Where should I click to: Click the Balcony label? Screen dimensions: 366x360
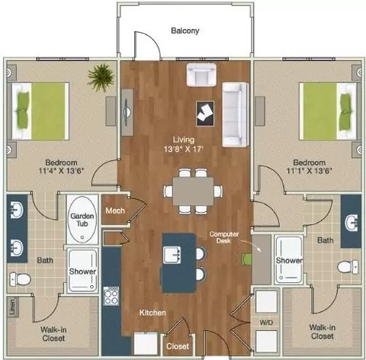(185, 31)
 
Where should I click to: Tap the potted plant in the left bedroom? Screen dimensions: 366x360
(101, 77)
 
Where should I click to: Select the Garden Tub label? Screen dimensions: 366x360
(82, 220)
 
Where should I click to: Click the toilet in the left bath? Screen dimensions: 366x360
(21, 279)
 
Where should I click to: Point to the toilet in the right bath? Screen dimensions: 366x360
(348, 267)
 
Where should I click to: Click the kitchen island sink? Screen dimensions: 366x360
(172, 255)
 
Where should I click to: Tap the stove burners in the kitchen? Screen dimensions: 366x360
(111, 296)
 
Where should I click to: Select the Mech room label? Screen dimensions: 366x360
(115, 211)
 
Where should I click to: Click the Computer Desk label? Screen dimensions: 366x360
(224, 237)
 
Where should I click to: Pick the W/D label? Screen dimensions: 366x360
(266, 323)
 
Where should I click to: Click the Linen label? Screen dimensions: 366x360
(12, 307)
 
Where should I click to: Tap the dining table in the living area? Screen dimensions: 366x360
(193, 191)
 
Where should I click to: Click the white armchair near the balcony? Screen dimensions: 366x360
(201, 75)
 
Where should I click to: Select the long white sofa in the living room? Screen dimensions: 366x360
(236, 114)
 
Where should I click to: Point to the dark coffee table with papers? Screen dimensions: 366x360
(205, 114)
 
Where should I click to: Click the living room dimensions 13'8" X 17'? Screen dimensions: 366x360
(184, 149)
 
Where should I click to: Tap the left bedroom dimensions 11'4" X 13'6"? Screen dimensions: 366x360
(61, 171)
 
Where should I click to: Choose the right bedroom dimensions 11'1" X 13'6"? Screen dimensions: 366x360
(310, 171)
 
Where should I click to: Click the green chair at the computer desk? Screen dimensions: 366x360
(246, 259)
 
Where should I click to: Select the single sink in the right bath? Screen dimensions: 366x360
(352, 222)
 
